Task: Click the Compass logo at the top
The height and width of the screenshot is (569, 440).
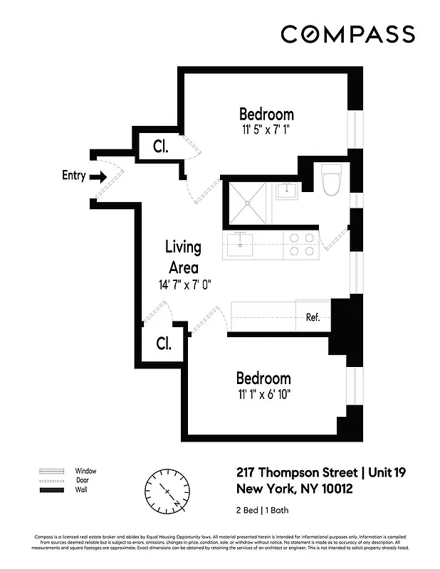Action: click(347, 34)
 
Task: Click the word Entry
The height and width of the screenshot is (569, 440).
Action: click(74, 176)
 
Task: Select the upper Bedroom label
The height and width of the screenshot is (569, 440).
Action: click(266, 114)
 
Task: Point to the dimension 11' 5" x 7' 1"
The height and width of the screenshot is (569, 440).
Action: click(266, 129)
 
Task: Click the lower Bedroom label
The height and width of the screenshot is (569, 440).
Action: click(263, 378)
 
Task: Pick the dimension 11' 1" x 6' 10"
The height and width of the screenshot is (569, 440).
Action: click(263, 394)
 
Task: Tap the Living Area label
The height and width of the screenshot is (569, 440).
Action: click(183, 257)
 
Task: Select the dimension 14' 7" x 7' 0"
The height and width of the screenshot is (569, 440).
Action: click(185, 284)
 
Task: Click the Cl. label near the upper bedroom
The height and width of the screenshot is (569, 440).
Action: click(161, 147)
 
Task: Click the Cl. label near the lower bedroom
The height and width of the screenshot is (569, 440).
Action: click(164, 344)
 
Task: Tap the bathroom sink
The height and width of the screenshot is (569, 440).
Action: click(288, 190)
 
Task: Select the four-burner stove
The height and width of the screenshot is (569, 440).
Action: click(301, 245)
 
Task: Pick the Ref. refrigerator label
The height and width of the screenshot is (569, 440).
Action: click(313, 317)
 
